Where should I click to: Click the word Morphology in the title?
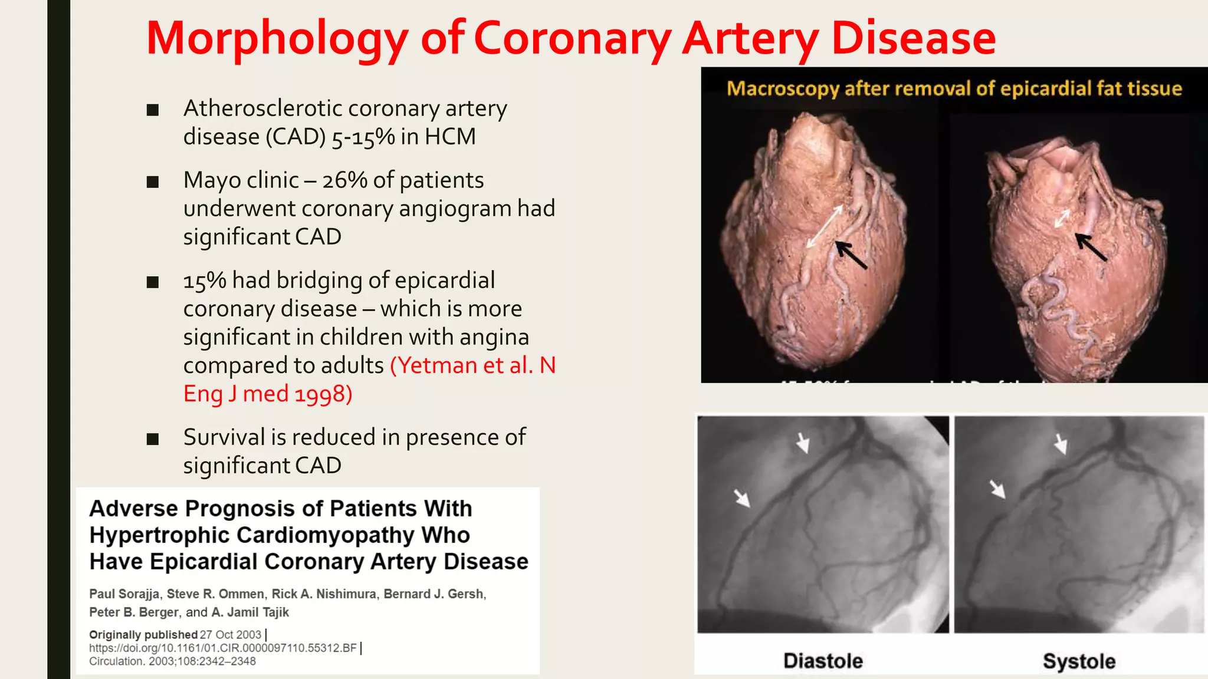pos(277,39)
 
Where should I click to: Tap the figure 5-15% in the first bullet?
pos(363,137)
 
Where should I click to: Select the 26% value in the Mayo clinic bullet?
pos(344,180)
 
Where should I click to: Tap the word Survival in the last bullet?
pos(224,437)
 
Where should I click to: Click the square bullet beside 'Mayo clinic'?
pos(153,182)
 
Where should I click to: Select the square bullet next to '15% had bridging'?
pos(153,282)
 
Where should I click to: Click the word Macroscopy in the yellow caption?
pos(782,88)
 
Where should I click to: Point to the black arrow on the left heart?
pos(851,255)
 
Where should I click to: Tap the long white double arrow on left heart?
pos(825,227)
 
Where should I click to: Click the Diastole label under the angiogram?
pos(823,661)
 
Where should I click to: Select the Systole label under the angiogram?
pos(1079,661)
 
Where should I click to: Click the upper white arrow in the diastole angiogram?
pos(802,442)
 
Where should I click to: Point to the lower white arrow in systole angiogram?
pos(997,489)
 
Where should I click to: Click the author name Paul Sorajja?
pos(124,594)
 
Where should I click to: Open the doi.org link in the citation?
pos(223,648)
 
